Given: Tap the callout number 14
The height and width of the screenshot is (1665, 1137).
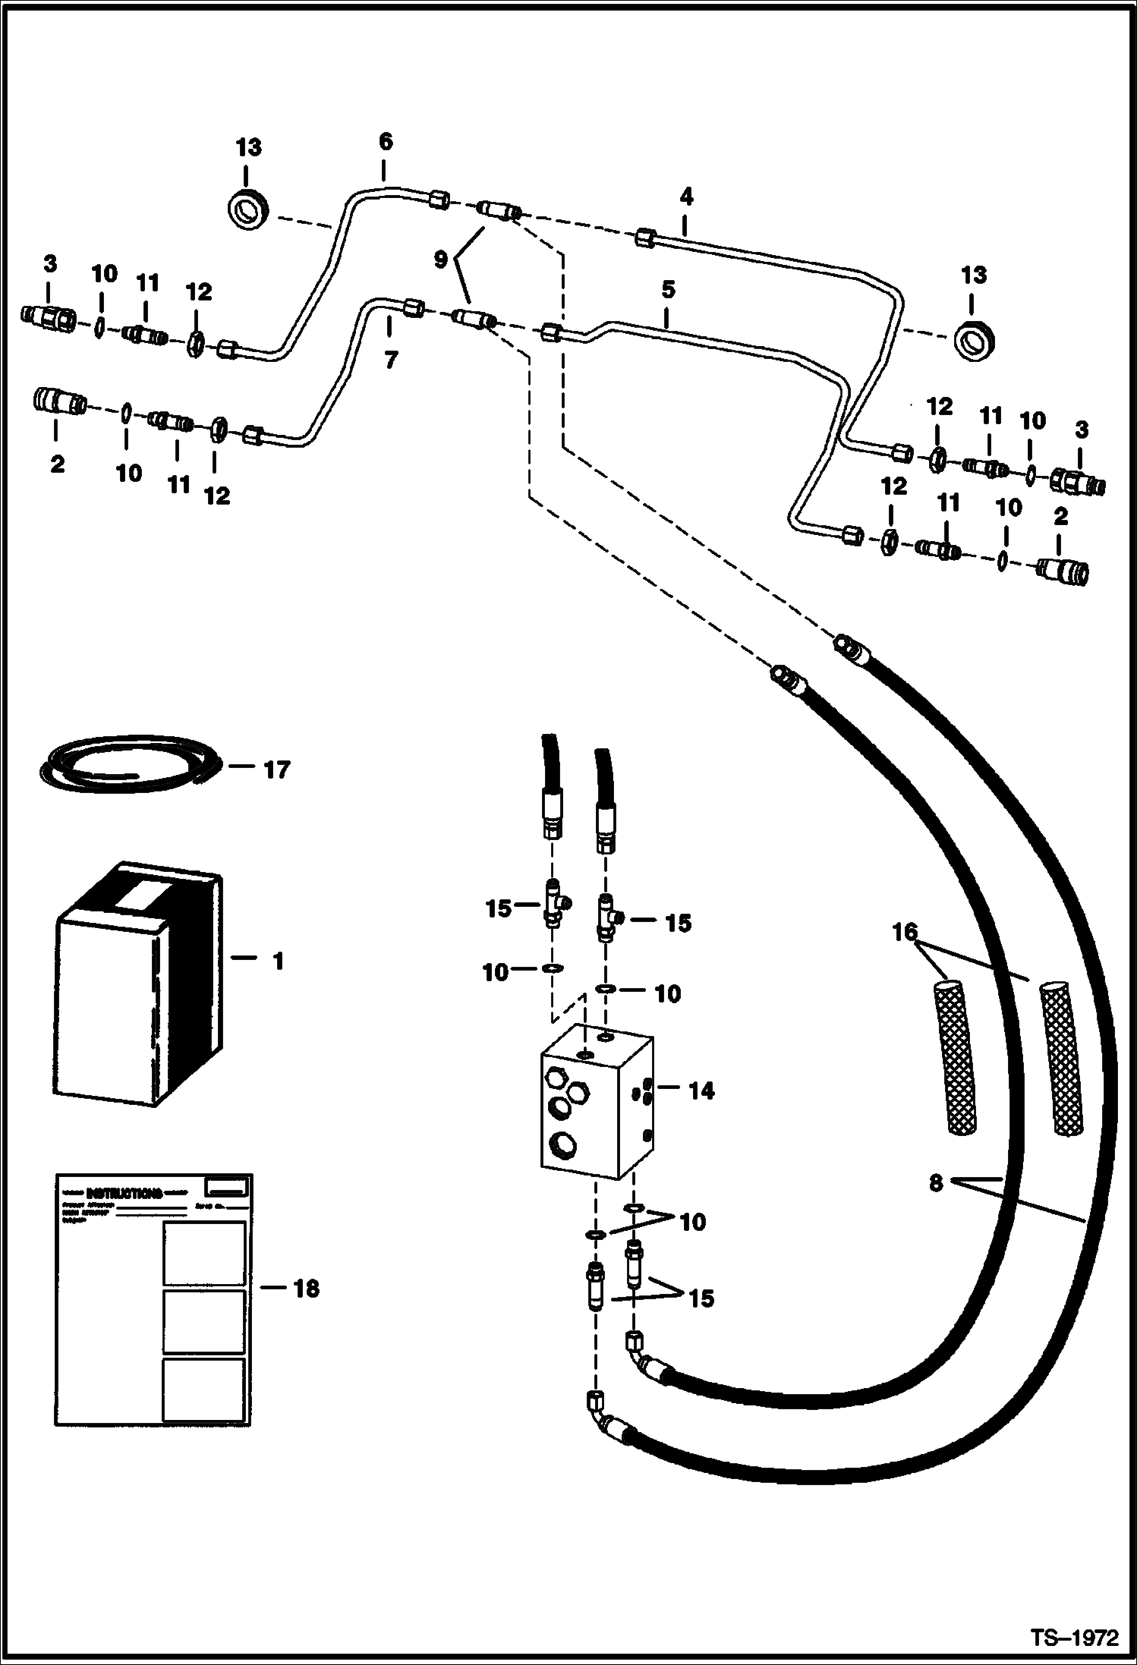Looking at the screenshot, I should click(x=701, y=1091).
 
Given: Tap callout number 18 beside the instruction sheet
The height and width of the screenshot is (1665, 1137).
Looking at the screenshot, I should click(x=306, y=1289).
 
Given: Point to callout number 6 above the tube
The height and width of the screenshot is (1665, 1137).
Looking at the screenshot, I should click(x=386, y=142).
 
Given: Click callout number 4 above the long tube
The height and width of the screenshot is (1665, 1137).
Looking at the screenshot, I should click(x=686, y=197).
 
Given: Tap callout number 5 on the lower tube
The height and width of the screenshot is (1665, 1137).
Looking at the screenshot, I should click(x=667, y=290).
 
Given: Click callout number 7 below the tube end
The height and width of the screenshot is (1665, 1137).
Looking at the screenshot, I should click(x=390, y=360).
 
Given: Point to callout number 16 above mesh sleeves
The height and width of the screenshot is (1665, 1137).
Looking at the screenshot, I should click(x=905, y=933).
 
